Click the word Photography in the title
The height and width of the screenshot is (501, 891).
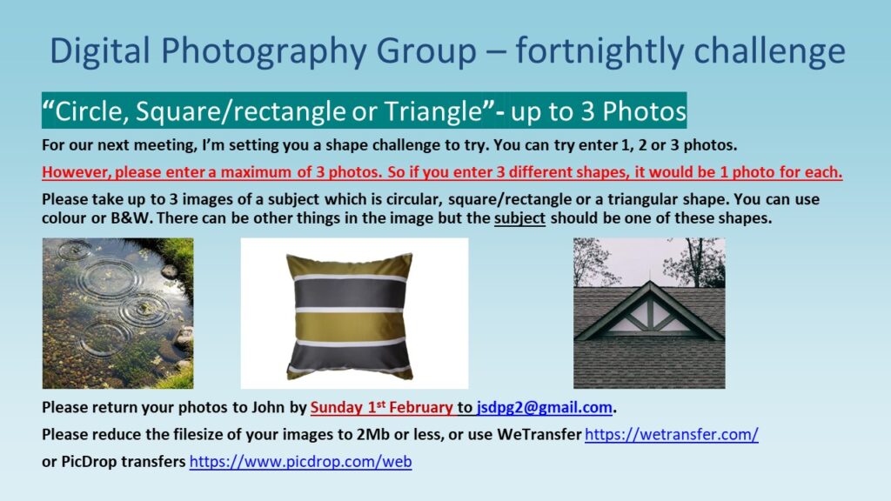(x=261, y=52)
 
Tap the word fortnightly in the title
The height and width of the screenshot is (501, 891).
(x=599, y=52)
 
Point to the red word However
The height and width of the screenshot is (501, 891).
(x=77, y=172)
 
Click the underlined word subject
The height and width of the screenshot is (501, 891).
(x=519, y=218)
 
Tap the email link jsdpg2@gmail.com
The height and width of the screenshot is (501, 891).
(x=545, y=407)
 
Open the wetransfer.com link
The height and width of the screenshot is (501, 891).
(x=671, y=435)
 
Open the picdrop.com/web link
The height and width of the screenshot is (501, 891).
(x=300, y=462)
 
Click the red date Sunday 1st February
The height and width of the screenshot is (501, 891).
(x=381, y=407)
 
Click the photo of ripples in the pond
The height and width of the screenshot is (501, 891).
(x=117, y=313)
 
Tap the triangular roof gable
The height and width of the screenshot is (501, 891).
(x=649, y=312)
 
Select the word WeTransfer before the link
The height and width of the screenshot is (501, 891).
(x=539, y=435)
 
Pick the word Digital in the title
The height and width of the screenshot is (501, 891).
(x=100, y=52)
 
